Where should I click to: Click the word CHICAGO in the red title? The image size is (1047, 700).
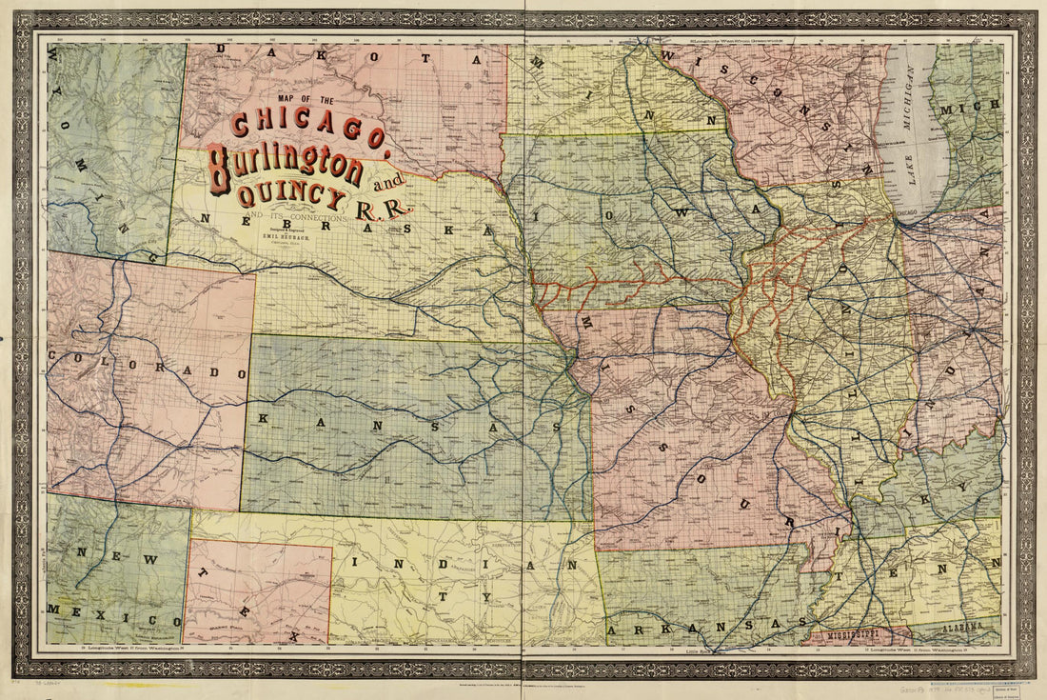click(306, 131)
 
